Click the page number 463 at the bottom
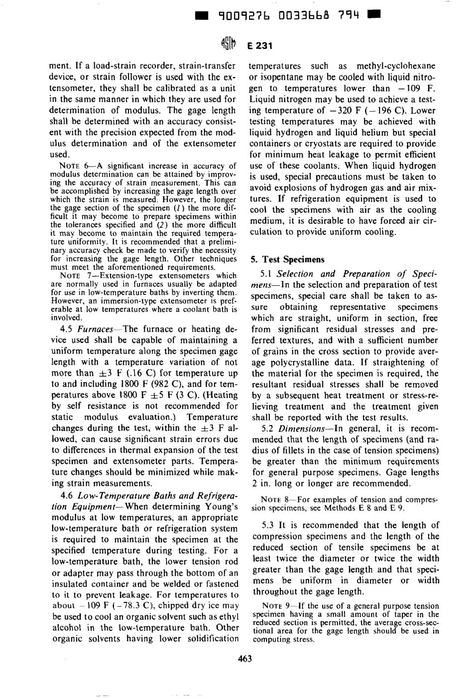(245, 659)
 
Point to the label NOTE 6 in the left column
(74, 166)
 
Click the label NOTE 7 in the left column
(74, 275)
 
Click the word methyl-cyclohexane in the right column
(396, 66)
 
